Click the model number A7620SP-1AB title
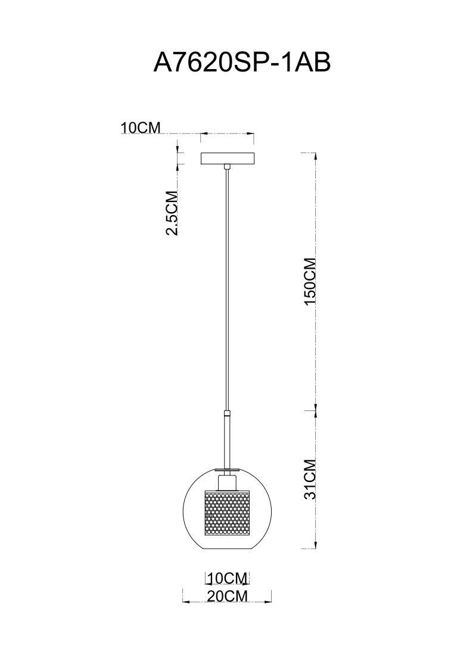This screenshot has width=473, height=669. coord(242,62)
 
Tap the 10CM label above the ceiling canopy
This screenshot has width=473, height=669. coord(141,127)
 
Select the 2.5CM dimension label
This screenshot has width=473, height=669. coord(172,213)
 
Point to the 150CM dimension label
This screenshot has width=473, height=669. coord(310,282)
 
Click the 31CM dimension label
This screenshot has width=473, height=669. coord(310,478)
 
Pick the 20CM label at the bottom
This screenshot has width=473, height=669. coord(227,596)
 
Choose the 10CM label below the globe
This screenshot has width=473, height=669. coord(227,578)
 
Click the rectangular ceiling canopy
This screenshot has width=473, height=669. coord(227,158)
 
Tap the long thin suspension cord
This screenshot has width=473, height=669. coord(227,286)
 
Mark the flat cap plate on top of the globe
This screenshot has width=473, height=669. coord(227,468)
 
